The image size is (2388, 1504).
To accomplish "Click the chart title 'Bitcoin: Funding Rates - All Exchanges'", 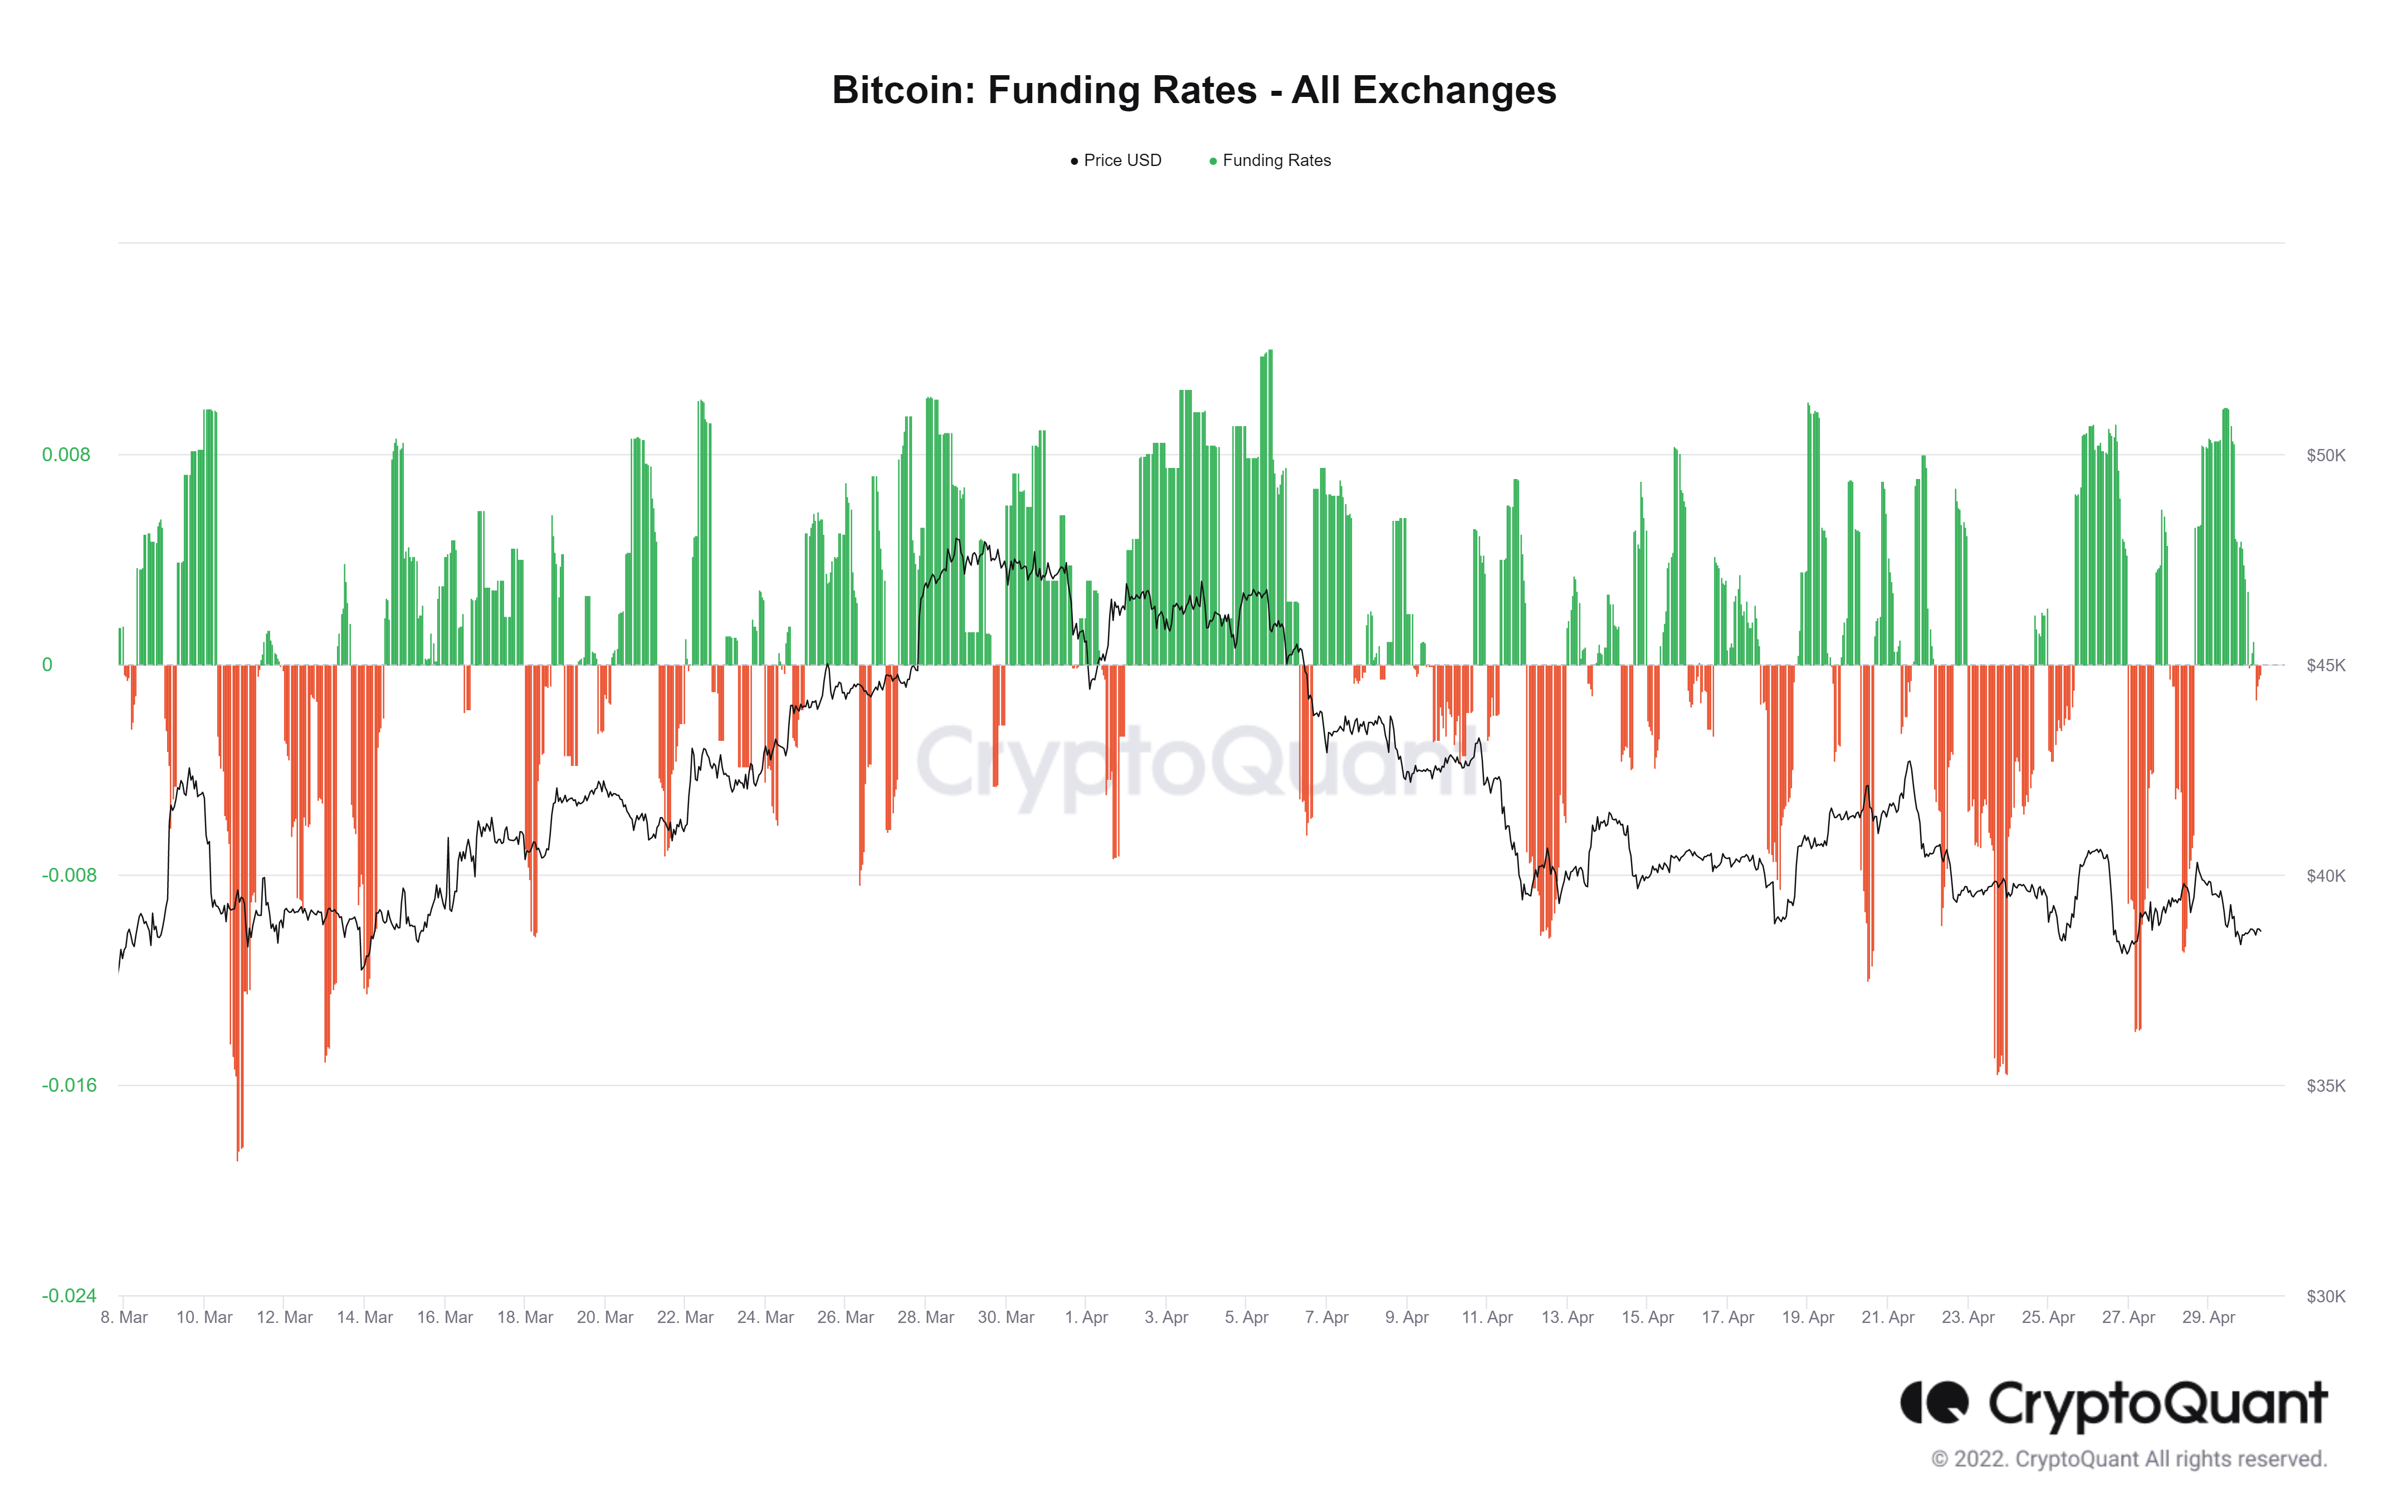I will point(1193,90).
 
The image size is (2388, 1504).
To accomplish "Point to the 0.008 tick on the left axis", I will point(66,455).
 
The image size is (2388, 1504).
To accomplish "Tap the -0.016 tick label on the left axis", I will point(69,1086).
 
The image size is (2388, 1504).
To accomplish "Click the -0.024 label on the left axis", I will point(69,1296).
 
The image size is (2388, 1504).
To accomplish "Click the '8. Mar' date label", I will point(124,1317).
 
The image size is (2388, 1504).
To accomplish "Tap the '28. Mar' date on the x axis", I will point(925,1317).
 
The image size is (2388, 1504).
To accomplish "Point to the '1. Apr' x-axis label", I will point(1086,1317).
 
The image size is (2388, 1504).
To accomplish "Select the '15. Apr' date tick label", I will point(1647,1317).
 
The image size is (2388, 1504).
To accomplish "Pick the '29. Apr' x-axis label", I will point(2209,1317).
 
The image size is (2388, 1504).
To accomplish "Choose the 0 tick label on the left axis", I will point(47,665).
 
